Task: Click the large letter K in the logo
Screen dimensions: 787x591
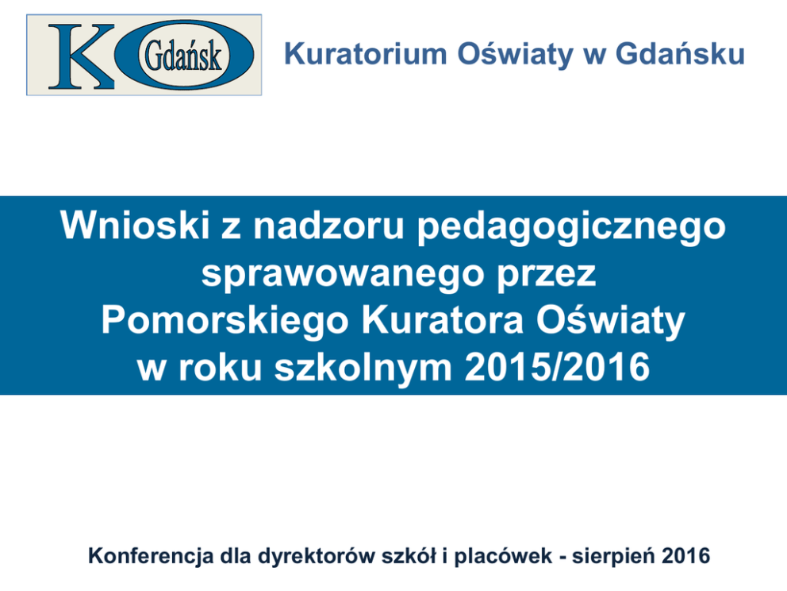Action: coord(81,56)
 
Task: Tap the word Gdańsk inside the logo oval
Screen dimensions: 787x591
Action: coord(183,56)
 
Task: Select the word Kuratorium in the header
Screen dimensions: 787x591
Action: coord(366,54)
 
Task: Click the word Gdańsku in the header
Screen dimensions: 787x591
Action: coord(680,53)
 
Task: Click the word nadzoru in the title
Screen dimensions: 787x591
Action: coord(328,226)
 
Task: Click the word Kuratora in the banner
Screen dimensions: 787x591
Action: coord(443,320)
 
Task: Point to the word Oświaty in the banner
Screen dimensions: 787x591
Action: coord(611,320)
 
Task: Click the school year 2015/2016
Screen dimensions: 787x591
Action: coord(557,367)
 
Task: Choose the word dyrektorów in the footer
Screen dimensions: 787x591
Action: coord(316,557)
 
